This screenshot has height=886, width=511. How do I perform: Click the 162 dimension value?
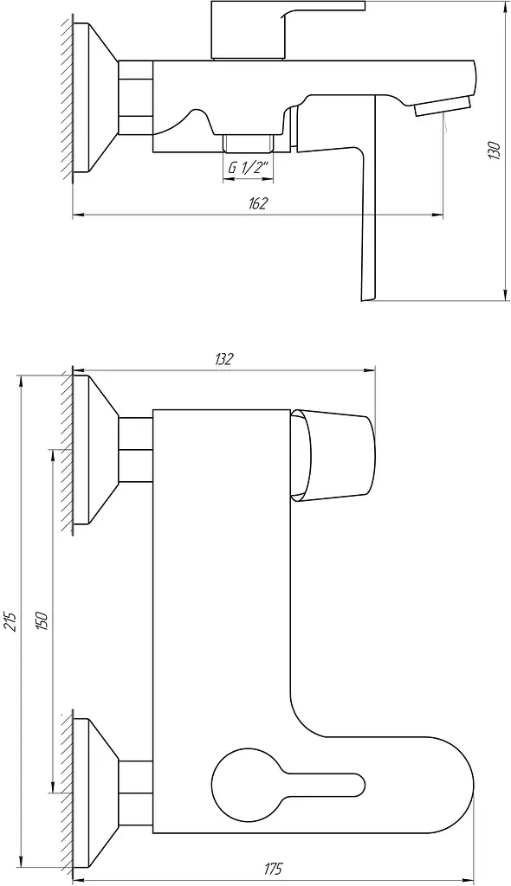click(x=257, y=204)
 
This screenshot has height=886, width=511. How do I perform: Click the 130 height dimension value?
click(x=494, y=149)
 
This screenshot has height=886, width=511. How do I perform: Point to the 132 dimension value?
click(x=223, y=359)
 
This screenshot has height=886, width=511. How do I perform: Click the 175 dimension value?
click(x=273, y=869)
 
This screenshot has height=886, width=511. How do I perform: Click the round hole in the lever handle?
click(x=237, y=781)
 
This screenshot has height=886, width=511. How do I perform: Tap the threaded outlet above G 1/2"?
click(x=249, y=143)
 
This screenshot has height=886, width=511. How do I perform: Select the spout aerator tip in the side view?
click(x=443, y=106)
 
